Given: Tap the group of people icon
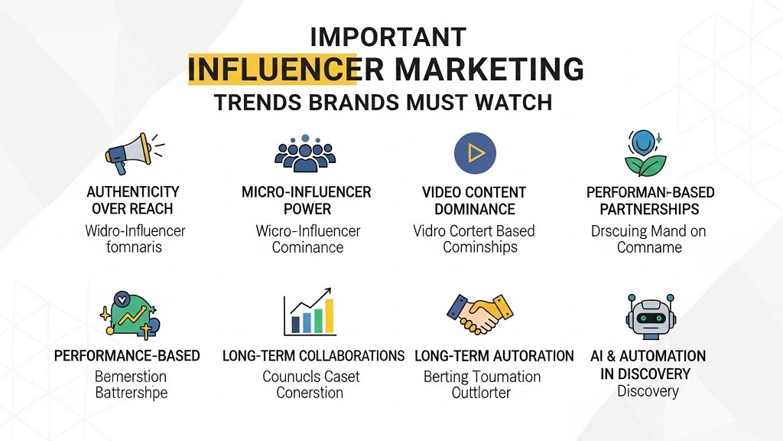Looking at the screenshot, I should (x=305, y=153).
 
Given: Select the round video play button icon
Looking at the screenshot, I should (x=475, y=153).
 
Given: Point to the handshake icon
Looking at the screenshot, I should (x=479, y=314).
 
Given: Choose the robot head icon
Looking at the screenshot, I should (x=648, y=315).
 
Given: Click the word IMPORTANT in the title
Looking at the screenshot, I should (x=388, y=37).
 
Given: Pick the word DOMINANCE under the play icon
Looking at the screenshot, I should (x=474, y=209).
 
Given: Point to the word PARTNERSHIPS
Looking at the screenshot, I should (x=649, y=209).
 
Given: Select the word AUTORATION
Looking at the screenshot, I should (x=533, y=356).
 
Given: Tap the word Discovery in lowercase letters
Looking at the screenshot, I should (x=648, y=391).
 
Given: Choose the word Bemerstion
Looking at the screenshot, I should (x=131, y=377).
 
